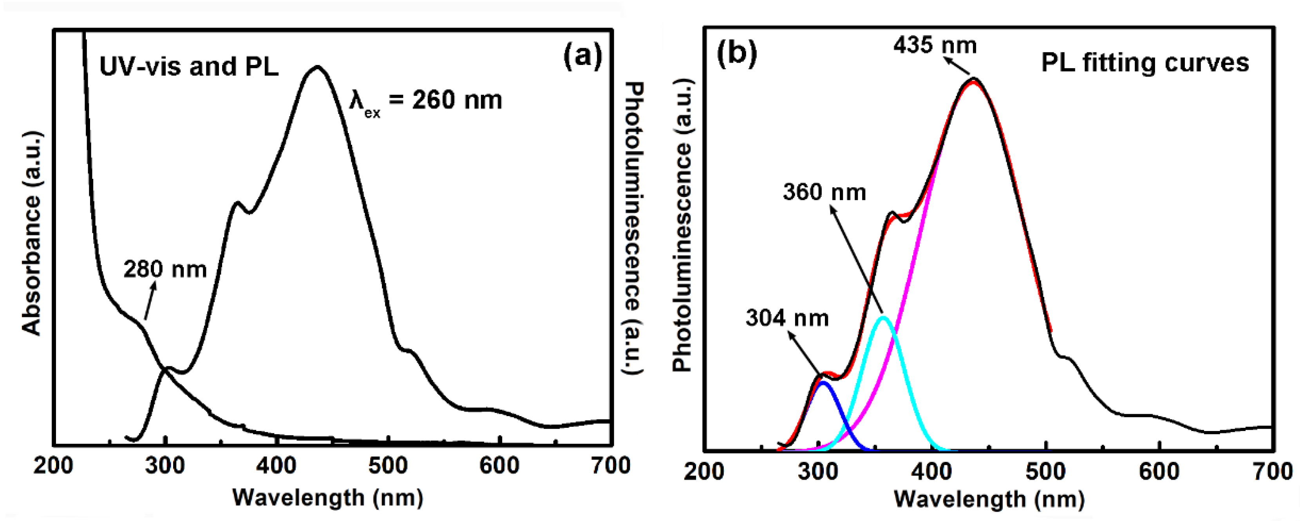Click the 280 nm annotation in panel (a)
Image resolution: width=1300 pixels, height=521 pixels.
(x=165, y=269)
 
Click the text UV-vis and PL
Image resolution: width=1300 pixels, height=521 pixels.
(x=189, y=67)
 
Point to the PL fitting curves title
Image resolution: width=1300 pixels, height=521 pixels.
(x=1145, y=63)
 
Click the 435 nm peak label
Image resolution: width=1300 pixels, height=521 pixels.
(x=935, y=45)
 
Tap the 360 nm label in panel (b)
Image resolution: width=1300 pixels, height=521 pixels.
(x=824, y=192)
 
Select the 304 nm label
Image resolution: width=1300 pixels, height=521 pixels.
(x=787, y=318)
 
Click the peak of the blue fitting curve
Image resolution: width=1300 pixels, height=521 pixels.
(x=823, y=382)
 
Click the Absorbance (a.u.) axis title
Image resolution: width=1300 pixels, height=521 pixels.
(x=31, y=233)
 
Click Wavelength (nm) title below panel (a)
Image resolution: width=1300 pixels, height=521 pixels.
(x=327, y=498)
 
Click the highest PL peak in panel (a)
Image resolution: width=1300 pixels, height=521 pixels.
(x=317, y=67)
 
